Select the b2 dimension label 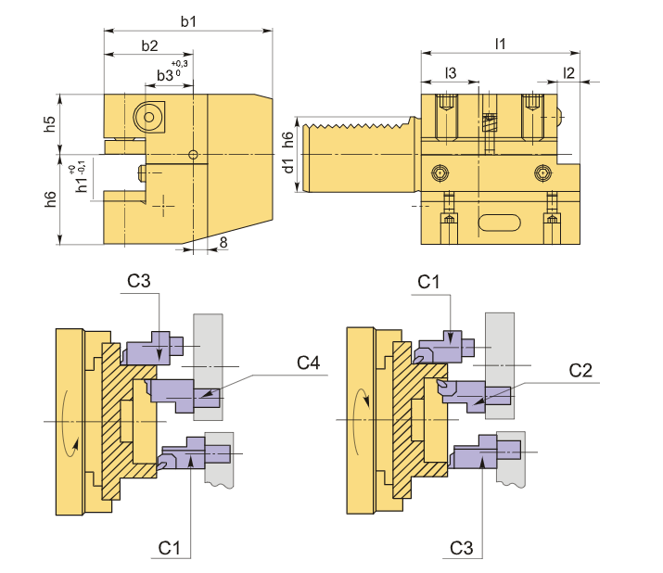click(148, 45)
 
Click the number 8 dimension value click(223, 242)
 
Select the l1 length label click(501, 44)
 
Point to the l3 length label click(450, 72)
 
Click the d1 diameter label click(288, 166)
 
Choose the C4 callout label click(308, 363)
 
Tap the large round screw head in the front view click(147, 117)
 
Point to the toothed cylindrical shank click(357, 156)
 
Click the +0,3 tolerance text click(180, 63)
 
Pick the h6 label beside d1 click(288, 138)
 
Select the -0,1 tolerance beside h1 click(83, 166)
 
